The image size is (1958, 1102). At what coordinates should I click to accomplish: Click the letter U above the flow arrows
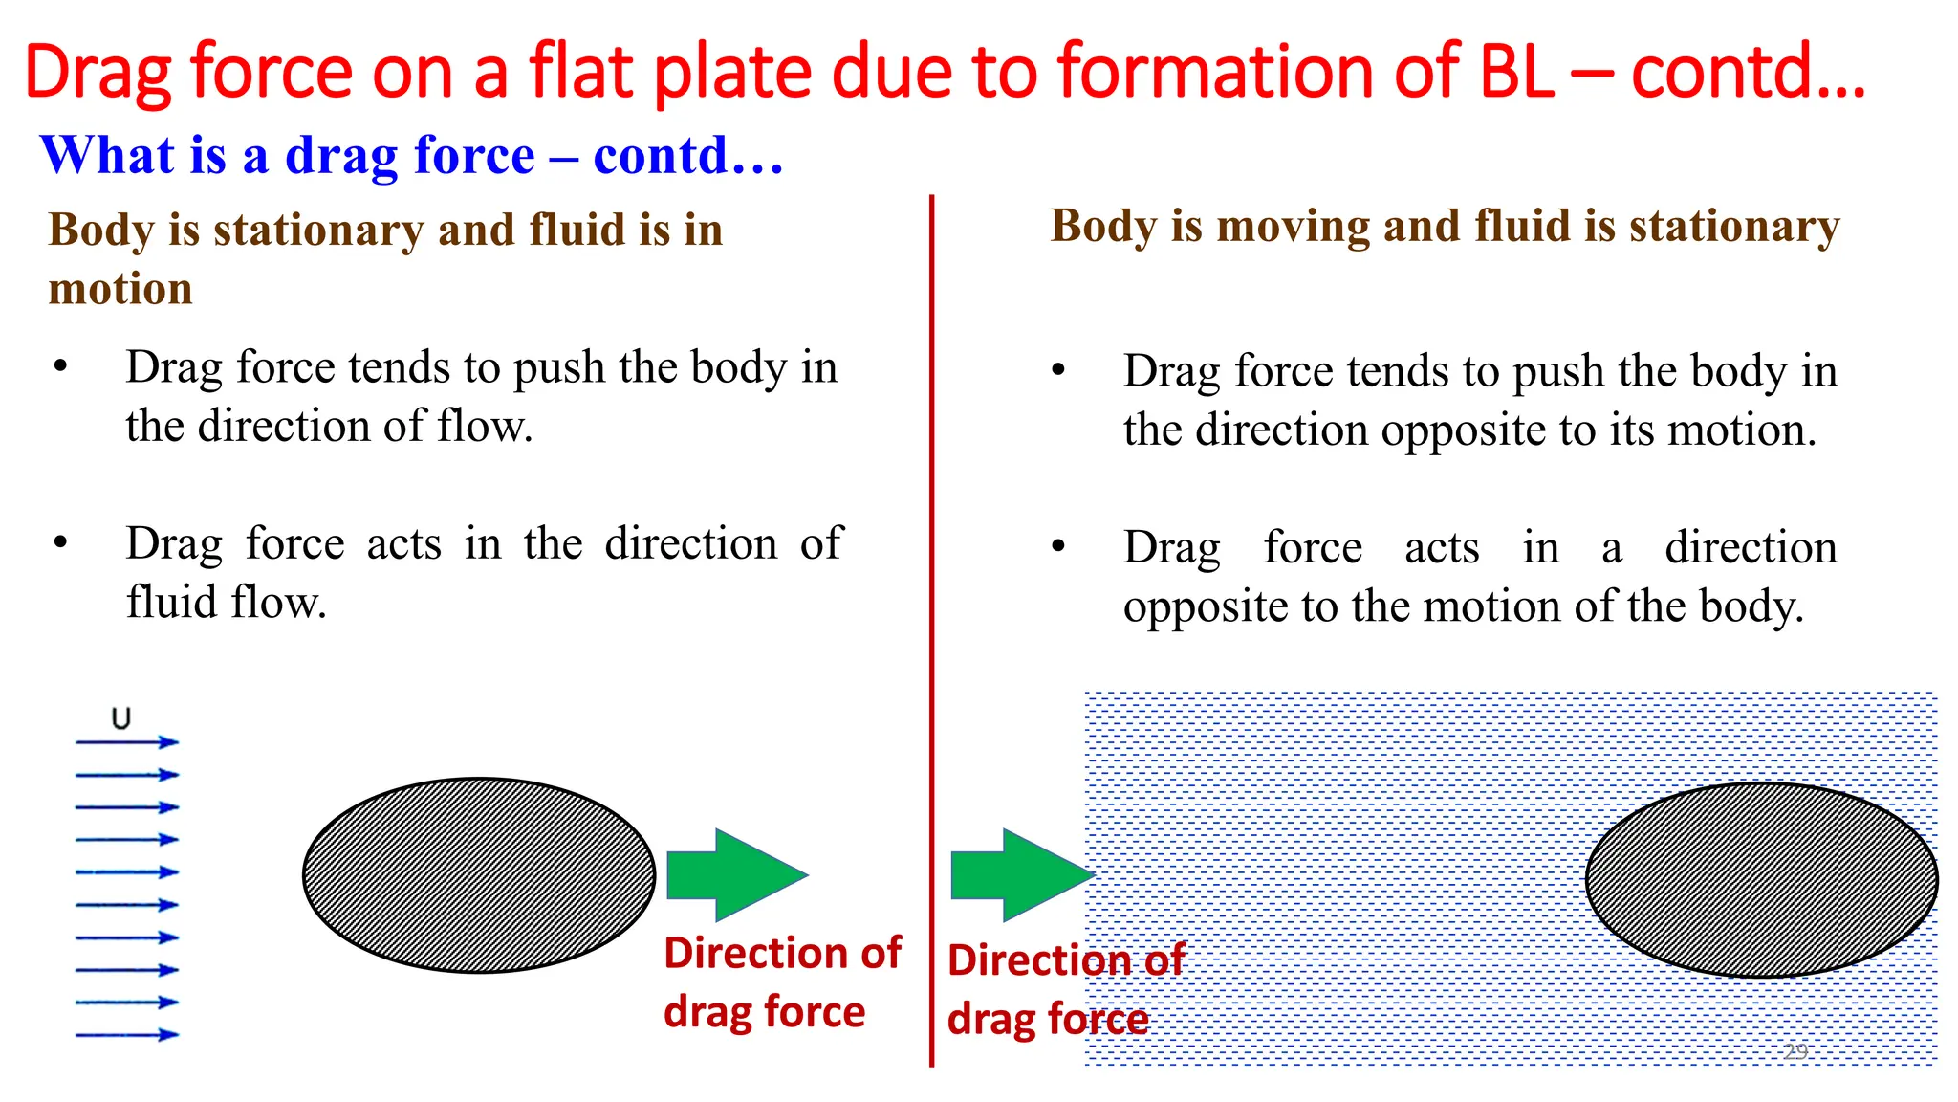(x=120, y=718)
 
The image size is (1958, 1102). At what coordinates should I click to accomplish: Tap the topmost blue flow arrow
(x=127, y=742)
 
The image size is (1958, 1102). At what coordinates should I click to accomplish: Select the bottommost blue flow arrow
(x=127, y=1035)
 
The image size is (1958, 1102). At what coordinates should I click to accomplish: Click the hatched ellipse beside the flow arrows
(x=478, y=875)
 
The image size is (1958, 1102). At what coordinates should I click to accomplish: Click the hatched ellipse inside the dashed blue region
(x=1761, y=880)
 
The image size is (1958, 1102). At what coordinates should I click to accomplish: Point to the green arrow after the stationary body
(x=737, y=875)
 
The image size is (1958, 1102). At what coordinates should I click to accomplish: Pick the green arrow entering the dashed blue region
(x=1021, y=875)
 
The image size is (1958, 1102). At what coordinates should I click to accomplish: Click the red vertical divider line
(x=931, y=631)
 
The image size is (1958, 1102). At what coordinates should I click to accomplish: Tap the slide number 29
(x=1795, y=1052)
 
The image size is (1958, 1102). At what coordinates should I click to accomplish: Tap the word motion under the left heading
(x=120, y=289)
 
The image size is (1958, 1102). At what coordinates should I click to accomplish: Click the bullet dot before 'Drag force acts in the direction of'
(x=61, y=543)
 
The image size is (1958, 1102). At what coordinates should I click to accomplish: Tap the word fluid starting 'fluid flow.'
(x=172, y=603)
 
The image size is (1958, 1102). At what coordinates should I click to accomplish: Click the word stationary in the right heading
(x=1734, y=227)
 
